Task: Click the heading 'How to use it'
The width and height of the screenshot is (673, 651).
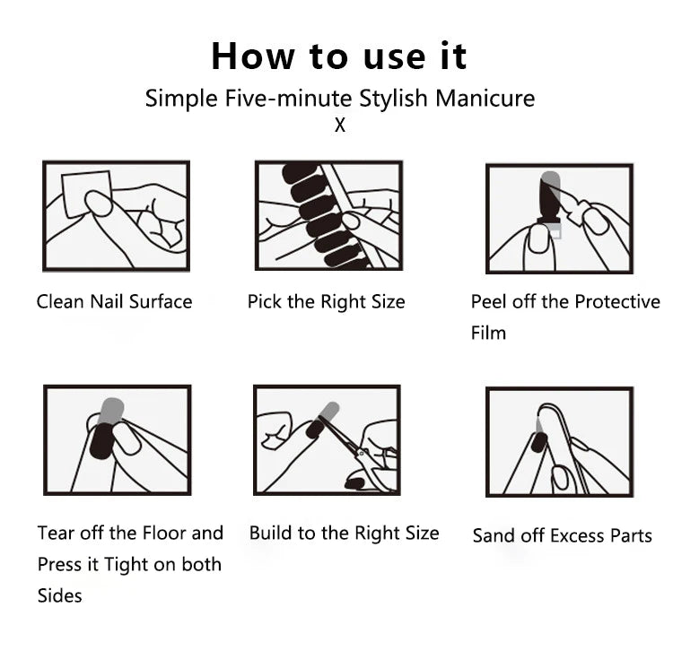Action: pyautogui.click(x=339, y=56)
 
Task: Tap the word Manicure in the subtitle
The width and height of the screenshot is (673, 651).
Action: pyautogui.click(x=485, y=99)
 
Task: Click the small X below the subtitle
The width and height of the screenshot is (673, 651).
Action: pyautogui.click(x=340, y=126)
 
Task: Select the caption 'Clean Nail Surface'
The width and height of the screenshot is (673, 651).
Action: pyautogui.click(x=114, y=301)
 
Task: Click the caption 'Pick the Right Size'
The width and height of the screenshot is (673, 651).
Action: pyautogui.click(x=327, y=302)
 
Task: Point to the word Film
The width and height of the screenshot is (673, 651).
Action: pyautogui.click(x=488, y=333)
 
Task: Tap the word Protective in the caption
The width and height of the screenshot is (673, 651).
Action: pyautogui.click(x=617, y=301)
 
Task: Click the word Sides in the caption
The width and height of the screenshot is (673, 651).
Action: pyautogui.click(x=59, y=595)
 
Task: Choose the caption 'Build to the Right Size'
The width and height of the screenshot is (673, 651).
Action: pyautogui.click(x=345, y=534)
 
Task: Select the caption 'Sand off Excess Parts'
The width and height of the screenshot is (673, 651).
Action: pyautogui.click(x=563, y=535)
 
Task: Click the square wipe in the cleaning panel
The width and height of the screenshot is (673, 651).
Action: pyautogui.click(x=86, y=194)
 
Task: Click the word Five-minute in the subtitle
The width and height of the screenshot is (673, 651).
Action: pyautogui.click(x=288, y=99)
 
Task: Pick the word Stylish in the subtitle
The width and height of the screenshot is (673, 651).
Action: pyautogui.click(x=394, y=99)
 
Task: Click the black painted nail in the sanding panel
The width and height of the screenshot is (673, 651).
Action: pyautogui.click(x=538, y=443)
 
